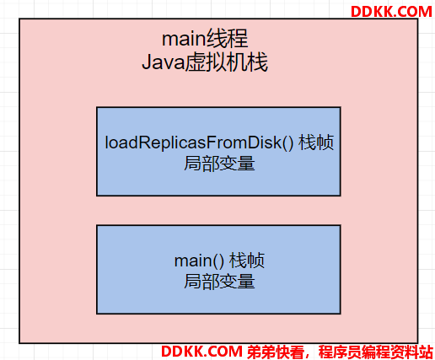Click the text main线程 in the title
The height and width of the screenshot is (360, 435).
(x=205, y=39)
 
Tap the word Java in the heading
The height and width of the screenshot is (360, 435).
(x=164, y=62)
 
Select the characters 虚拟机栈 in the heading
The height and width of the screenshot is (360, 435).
(x=227, y=62)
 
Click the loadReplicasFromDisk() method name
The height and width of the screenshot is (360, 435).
(x=199, y=142)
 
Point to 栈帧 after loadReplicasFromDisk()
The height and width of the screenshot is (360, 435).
(x=316, y=142)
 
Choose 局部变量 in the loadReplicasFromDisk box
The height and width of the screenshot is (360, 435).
(x=219, y=164)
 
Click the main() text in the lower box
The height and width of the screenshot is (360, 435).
(x=199, y=261)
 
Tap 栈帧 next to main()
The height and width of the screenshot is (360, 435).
(x=247, y=261)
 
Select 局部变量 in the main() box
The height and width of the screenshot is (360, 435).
(x=219, y=282)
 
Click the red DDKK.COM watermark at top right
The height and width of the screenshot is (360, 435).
(x=391, y=12)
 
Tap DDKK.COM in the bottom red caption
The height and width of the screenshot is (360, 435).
(x=201, y=351)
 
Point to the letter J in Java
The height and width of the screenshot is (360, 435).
(x=147, y=62)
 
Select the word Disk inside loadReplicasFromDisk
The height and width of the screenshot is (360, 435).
(x=266, y=142)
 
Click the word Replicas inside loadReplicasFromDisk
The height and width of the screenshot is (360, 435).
(x=170, y=142)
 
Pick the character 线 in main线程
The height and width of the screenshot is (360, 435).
(x=216, y=39)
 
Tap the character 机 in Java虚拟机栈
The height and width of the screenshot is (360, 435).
(x=237, y=62)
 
